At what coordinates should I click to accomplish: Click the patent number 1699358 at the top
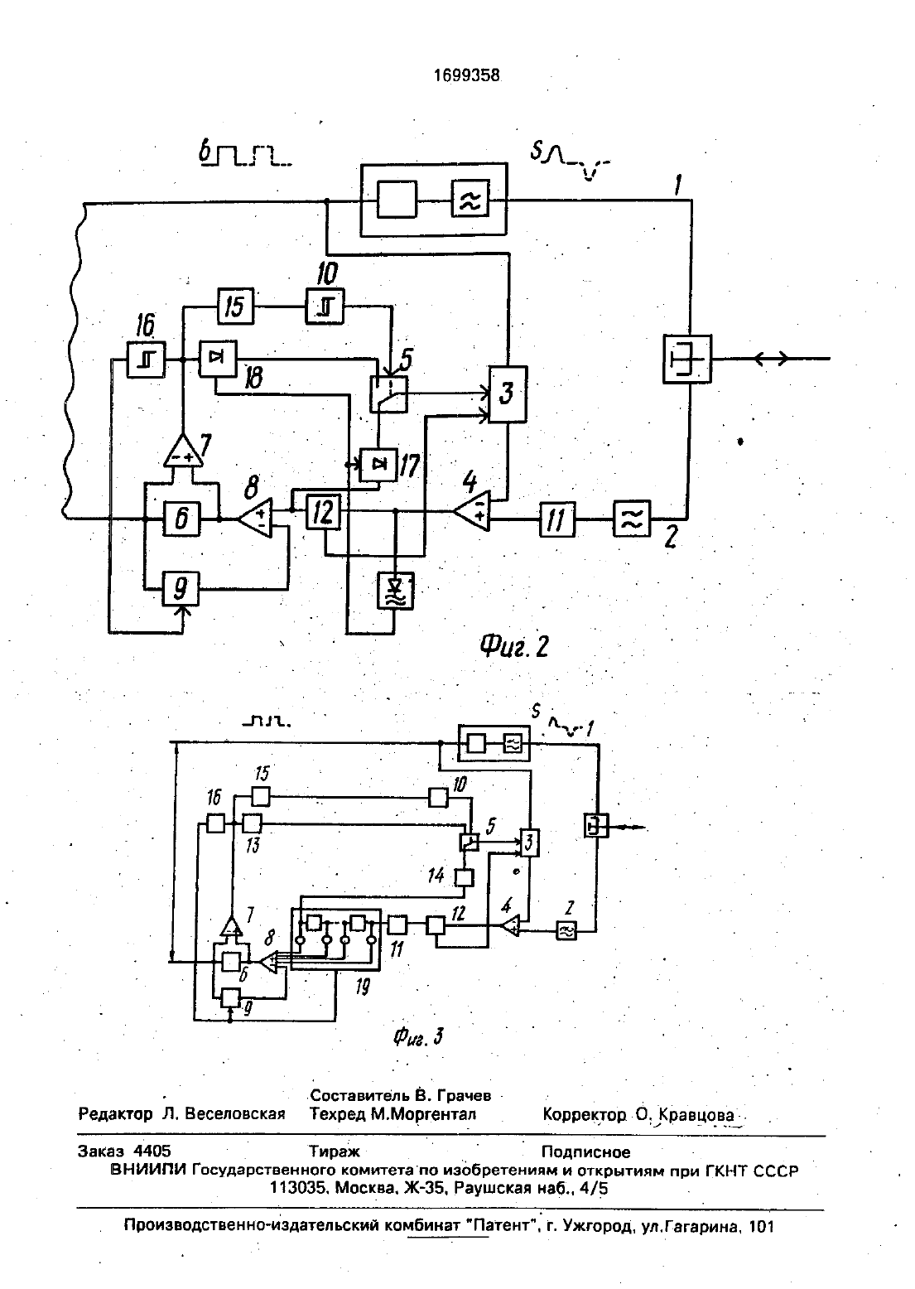pos(466,75)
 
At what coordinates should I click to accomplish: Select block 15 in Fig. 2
pos(235,306)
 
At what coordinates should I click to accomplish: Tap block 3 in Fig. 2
pos(508,394)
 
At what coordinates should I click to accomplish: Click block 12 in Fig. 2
pos(323,512)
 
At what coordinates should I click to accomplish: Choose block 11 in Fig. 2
pos(556,519)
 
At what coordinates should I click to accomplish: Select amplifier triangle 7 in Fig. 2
pos(184,451)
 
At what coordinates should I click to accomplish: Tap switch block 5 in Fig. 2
pos(389,394)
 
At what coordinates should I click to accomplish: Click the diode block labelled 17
pos(378,465)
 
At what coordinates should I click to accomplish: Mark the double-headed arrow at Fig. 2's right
pos(771,360)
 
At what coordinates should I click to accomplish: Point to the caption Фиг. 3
pos(418,1037)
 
